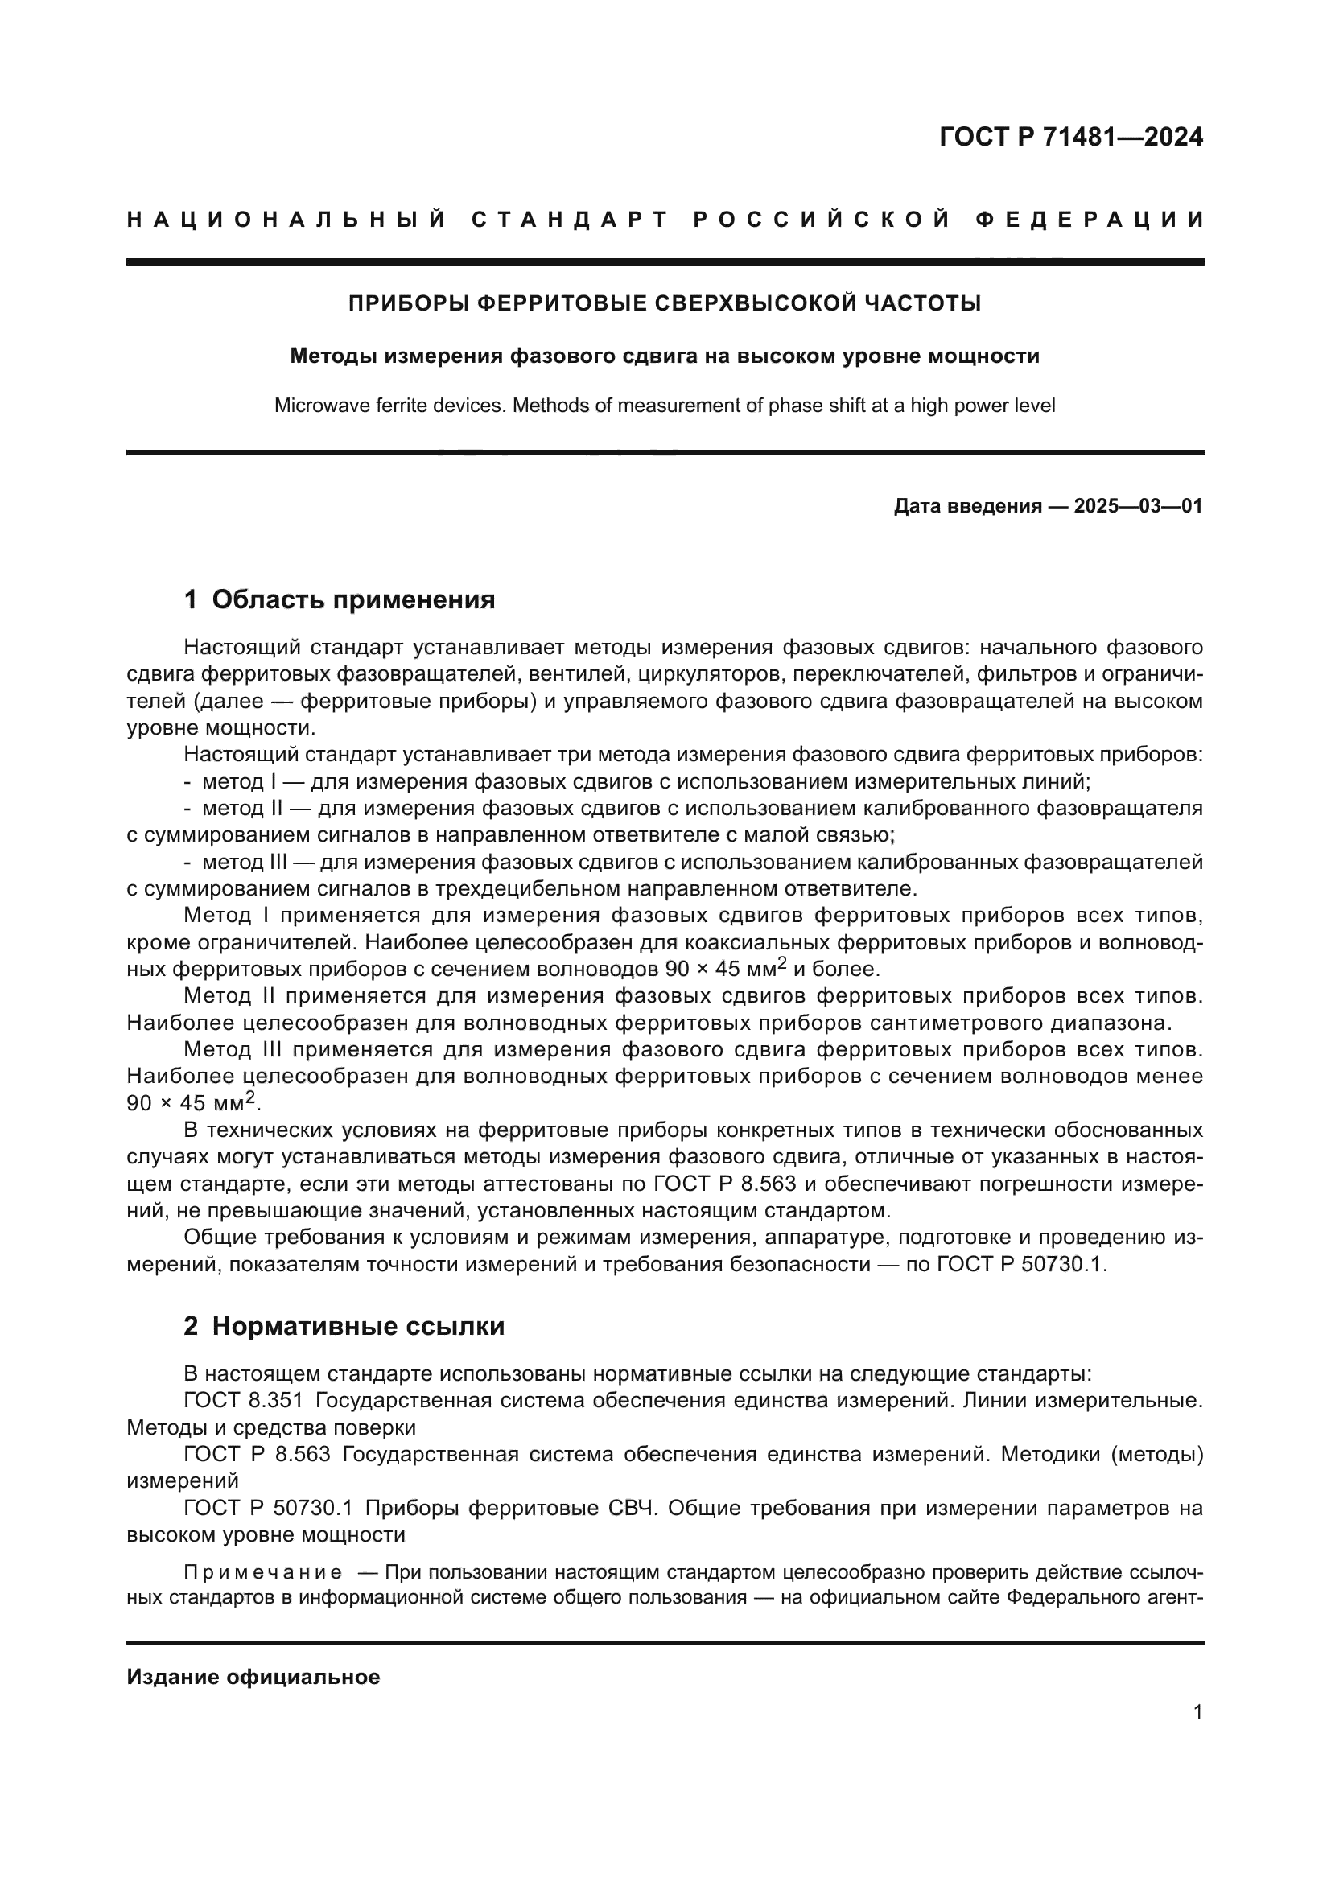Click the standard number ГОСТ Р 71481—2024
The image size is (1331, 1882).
point(1070,137)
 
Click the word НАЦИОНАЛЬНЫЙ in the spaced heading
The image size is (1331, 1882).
point(286,220)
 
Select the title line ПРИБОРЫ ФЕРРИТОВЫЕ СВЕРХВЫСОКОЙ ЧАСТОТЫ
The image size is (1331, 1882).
point(665,303)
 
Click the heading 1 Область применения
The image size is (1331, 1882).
point(340,600)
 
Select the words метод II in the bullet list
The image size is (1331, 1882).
point(241,808)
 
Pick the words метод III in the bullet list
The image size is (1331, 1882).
point(245,862)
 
